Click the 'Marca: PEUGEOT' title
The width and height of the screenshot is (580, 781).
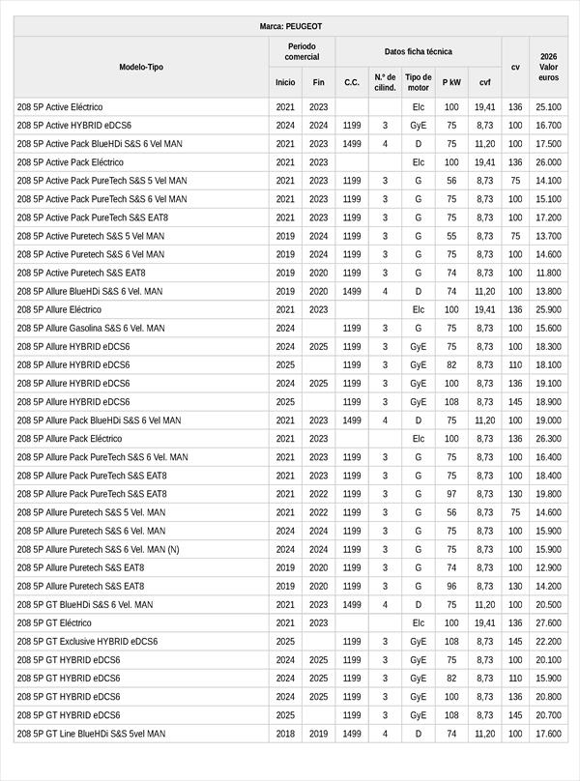tap(291, 26)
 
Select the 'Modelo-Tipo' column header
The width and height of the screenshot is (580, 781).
tap(141, 67)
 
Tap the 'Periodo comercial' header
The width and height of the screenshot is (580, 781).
tap(302, 51)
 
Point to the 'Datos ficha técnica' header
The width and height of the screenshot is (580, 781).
tap(418, 51)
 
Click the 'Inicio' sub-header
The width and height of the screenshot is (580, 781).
tap(285, 82)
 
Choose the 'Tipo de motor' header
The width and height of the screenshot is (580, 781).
tap(419, 82)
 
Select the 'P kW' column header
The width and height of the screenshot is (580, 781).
tap(451, 82)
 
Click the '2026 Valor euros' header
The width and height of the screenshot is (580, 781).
tap(548, 67)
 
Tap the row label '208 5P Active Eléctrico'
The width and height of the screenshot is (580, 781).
tap(60, 106)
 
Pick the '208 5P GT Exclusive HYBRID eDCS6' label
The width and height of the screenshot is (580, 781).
tap(87, 641)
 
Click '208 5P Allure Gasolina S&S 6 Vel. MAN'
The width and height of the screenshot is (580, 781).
tap(91, 328)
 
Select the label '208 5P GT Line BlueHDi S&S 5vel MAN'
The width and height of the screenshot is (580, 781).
tap(91, 734)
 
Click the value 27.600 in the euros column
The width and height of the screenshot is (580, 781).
tap(548, 623)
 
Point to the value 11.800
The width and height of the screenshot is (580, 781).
tap(548, 273)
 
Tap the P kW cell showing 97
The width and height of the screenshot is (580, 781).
tap(451, 494)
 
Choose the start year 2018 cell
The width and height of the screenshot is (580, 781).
tap(285, 734)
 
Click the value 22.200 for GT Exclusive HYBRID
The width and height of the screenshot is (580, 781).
tap(548, 641)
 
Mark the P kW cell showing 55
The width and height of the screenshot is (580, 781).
tap(451, 236)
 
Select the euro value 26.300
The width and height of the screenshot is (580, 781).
tap(548, 439)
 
